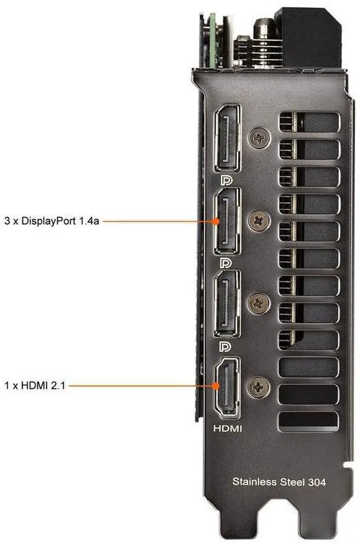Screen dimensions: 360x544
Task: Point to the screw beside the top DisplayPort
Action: (259, 138)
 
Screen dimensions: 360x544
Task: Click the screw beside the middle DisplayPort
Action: (259, 220)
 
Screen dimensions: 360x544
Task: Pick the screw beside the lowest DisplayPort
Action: (259, 303)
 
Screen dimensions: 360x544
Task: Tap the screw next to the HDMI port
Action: (259, 386)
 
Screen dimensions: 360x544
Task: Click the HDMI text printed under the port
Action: (227, 428)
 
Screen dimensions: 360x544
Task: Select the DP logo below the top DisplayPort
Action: (226, 180)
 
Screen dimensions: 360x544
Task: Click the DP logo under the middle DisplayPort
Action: (226, 263)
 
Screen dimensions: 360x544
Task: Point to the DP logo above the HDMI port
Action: (226, 346)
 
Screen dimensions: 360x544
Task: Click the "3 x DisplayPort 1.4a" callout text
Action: (52, 221)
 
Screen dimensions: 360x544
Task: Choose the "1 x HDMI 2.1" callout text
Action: (35, 385)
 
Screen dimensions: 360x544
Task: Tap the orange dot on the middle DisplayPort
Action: (216, 221)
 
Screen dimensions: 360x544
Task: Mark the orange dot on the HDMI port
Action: (216, 386)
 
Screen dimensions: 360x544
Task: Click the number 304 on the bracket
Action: (317, 482)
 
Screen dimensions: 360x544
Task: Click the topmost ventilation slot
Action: (309, 122)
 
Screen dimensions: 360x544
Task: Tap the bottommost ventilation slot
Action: (308, 421)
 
